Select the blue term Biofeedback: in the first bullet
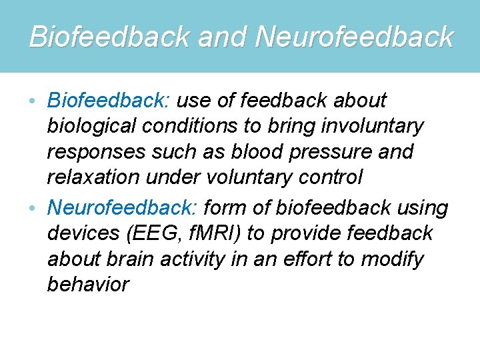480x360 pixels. (110, 101)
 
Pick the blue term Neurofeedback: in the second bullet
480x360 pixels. (123, 209)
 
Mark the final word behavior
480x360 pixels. (88, 285)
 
